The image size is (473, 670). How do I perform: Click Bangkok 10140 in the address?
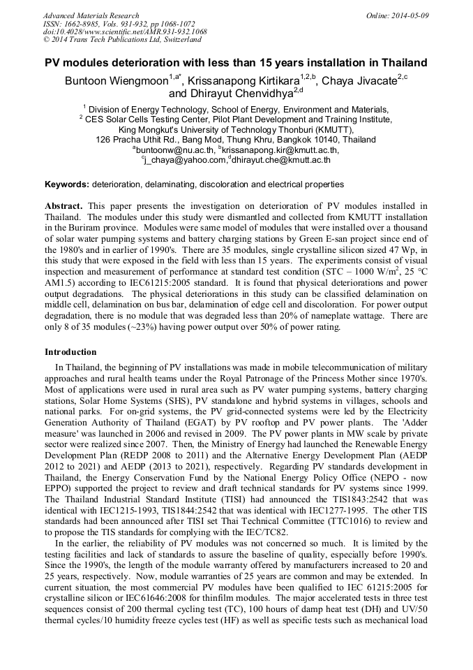[x=316, y=140]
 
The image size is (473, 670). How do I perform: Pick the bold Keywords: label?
[x=67, y=185]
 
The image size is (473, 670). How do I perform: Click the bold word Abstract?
[x=63, y=206]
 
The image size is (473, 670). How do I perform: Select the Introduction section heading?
[x=70, y=351]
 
